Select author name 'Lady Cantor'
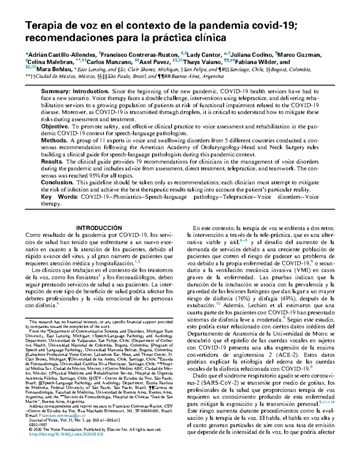click(x=204, y=55)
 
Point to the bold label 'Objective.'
click(x=55, y=127)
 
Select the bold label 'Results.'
click(x=52, y=162)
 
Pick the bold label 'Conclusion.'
click(x=57, y=182)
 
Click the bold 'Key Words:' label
click(x=59, y=197)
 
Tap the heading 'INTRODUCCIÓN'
click(x=99, y=228)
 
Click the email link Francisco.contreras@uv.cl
click(x=62, y=416)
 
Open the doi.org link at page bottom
click(x=64, y=434)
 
